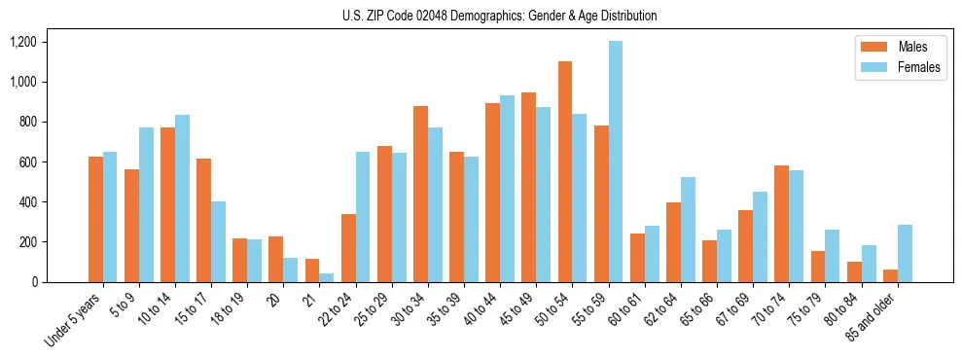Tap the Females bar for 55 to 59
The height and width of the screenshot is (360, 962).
point(616,162)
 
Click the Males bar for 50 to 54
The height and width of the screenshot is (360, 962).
point(565,171)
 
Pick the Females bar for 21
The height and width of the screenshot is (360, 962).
point(326,277)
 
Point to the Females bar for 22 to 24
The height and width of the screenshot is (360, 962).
point(363,217)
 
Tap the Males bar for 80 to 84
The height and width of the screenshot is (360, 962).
point(853,271)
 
